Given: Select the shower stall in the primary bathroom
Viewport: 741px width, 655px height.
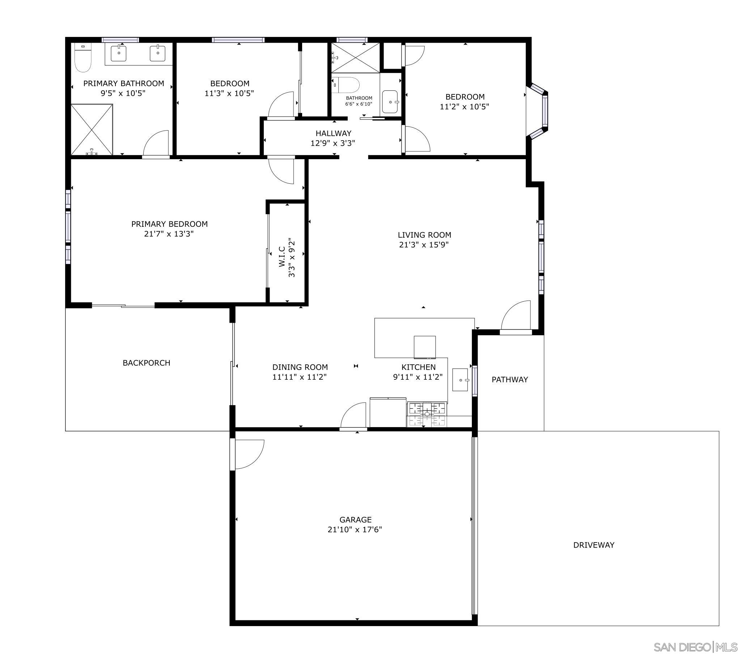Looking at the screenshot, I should coord(92,129).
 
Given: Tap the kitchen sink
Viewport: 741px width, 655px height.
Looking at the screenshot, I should coord(460,380).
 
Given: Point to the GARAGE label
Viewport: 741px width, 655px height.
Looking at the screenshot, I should coord(355,519).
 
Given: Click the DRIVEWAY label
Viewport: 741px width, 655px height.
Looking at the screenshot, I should coord(593,545).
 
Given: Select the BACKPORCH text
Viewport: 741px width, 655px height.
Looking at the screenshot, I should coord(146,363).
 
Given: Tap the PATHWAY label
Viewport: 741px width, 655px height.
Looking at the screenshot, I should coord(509,379).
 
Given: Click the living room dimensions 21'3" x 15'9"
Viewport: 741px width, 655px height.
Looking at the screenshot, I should coord(424,244).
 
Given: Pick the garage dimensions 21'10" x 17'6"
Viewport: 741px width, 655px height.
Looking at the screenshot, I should coord(355,529).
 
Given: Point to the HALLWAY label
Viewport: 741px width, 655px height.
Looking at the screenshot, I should coord(333,133).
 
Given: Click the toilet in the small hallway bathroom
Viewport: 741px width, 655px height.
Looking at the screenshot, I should coord(346,85).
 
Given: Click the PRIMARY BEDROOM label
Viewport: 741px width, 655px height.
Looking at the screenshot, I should coord(169,224).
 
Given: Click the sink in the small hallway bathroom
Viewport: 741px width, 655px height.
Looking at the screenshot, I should coord(390,102).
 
